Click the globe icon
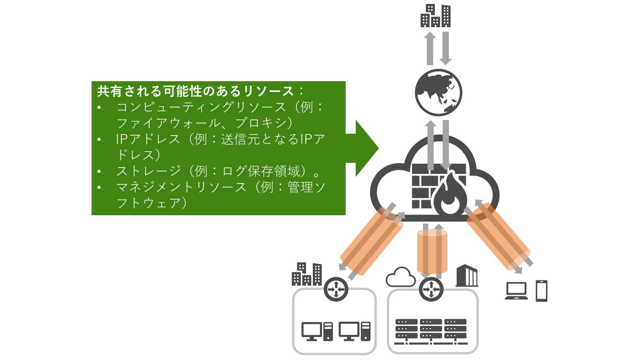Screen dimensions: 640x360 438,92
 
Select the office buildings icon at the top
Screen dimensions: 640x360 436,16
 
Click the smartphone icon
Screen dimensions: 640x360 542,291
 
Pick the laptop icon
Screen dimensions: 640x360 516,291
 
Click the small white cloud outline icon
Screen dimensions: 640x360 400,277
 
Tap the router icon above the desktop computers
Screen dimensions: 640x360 336,289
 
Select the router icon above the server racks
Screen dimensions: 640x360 431,289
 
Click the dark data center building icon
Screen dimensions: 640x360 467,276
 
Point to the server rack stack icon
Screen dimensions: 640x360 431,332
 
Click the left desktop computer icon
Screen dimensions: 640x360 317,332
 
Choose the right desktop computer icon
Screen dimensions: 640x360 354,332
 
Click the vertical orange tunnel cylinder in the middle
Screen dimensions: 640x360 432,251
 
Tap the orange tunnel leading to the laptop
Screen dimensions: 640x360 498,236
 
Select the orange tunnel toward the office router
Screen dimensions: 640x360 372,242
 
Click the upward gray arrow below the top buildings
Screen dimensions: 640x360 430,48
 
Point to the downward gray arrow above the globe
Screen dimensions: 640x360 446,48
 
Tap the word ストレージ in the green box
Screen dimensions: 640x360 149,171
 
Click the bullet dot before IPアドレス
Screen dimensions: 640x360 99,140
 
